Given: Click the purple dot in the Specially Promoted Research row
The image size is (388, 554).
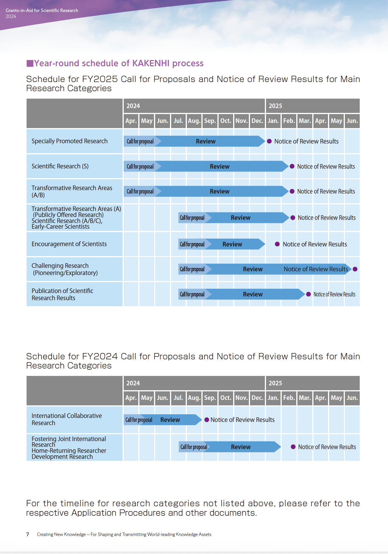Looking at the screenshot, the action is pos(269,141).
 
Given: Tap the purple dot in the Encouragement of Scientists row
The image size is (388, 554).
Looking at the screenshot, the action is pos(277,244).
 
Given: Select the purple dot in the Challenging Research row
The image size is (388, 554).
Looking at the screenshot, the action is pos(355,269).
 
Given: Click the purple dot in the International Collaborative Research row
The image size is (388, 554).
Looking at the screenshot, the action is pos(207,420).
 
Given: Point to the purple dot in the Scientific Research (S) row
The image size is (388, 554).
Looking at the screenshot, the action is pos(292,166).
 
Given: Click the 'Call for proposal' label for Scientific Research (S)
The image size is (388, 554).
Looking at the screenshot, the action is pos(140,166).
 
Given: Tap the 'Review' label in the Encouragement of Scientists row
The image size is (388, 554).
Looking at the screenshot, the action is pos(232,244).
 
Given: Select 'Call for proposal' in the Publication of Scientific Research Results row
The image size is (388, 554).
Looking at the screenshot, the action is pos(192,294).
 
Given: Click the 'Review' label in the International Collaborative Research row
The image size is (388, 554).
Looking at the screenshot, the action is pos(170,420).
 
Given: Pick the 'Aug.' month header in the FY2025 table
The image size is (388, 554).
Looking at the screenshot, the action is pos(194,121).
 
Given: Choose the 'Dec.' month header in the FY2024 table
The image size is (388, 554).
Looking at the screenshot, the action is pos(257,398).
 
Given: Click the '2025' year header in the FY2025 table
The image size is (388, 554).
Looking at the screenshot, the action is pos(275,106).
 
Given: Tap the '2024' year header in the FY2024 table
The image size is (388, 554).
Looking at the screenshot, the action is pos(133,383).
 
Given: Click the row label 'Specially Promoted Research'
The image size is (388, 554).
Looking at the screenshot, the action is pos(69,141).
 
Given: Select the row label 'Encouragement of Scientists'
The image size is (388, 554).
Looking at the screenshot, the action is pos(69,244).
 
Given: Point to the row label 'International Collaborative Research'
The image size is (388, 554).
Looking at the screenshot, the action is pos(67,419).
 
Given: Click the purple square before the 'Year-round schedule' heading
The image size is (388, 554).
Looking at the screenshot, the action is pos(30,63).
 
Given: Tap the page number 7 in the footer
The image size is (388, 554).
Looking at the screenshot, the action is pos(27,534).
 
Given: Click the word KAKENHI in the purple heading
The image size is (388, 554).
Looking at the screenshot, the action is pos(151,63).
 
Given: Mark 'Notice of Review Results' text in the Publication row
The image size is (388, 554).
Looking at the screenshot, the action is pos(334,294).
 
